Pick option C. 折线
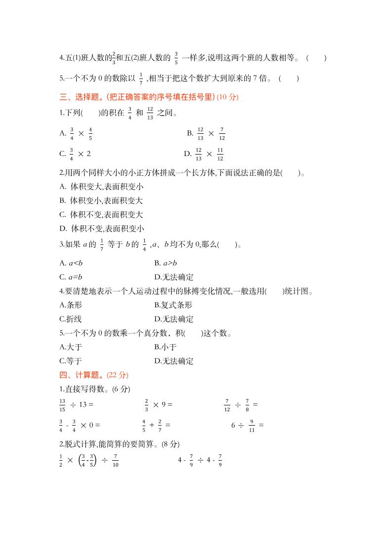coord(71,319)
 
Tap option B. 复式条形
coord(173,305)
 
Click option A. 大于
coord(71,347)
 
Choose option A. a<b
coord(71,263)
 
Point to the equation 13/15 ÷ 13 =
coord(76,404)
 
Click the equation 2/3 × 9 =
coord(158,404)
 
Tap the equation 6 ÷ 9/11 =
coord(247,425)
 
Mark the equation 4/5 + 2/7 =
coord(156,425)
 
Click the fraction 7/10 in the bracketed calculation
coord(116,461)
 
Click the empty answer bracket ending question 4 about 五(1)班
coord(316,58)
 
